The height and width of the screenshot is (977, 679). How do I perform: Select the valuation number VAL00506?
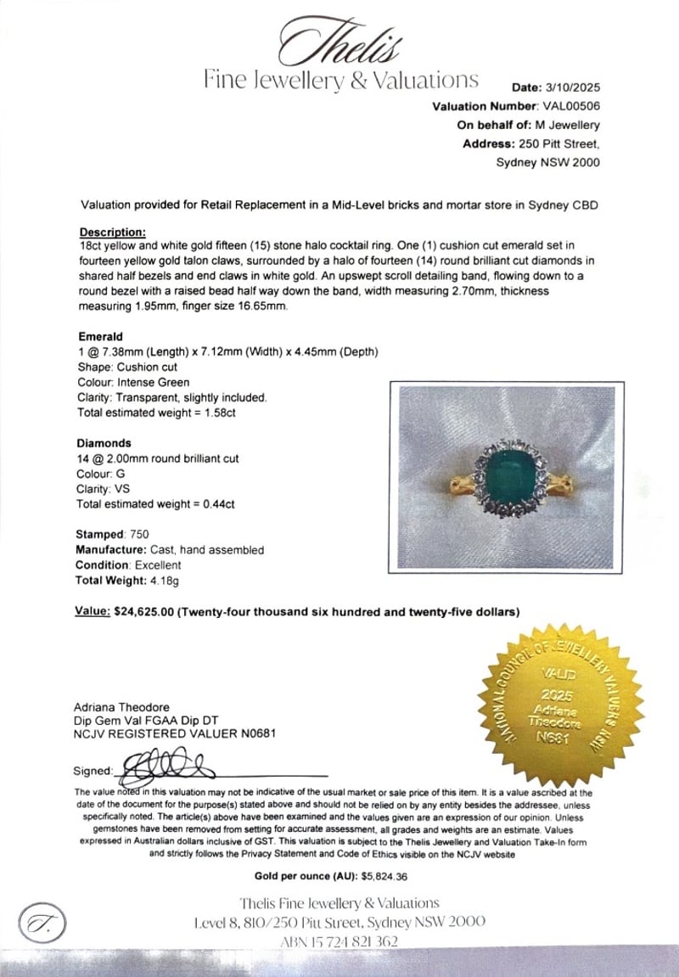click(x=570, y=106)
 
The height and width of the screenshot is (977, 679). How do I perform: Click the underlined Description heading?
click(x=112, y=232)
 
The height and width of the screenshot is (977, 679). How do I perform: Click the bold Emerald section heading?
click(x=100, y=336)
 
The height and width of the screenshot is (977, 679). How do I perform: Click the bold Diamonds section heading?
click(x=104, y=443)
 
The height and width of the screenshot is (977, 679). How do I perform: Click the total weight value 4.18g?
click(x=164, y=581)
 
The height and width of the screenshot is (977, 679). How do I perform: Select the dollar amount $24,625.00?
click(x=143, y=611)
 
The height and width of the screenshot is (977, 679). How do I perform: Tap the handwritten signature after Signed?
click(x=166, y=766)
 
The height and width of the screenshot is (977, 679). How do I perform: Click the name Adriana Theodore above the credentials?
click(x=121, y=707)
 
